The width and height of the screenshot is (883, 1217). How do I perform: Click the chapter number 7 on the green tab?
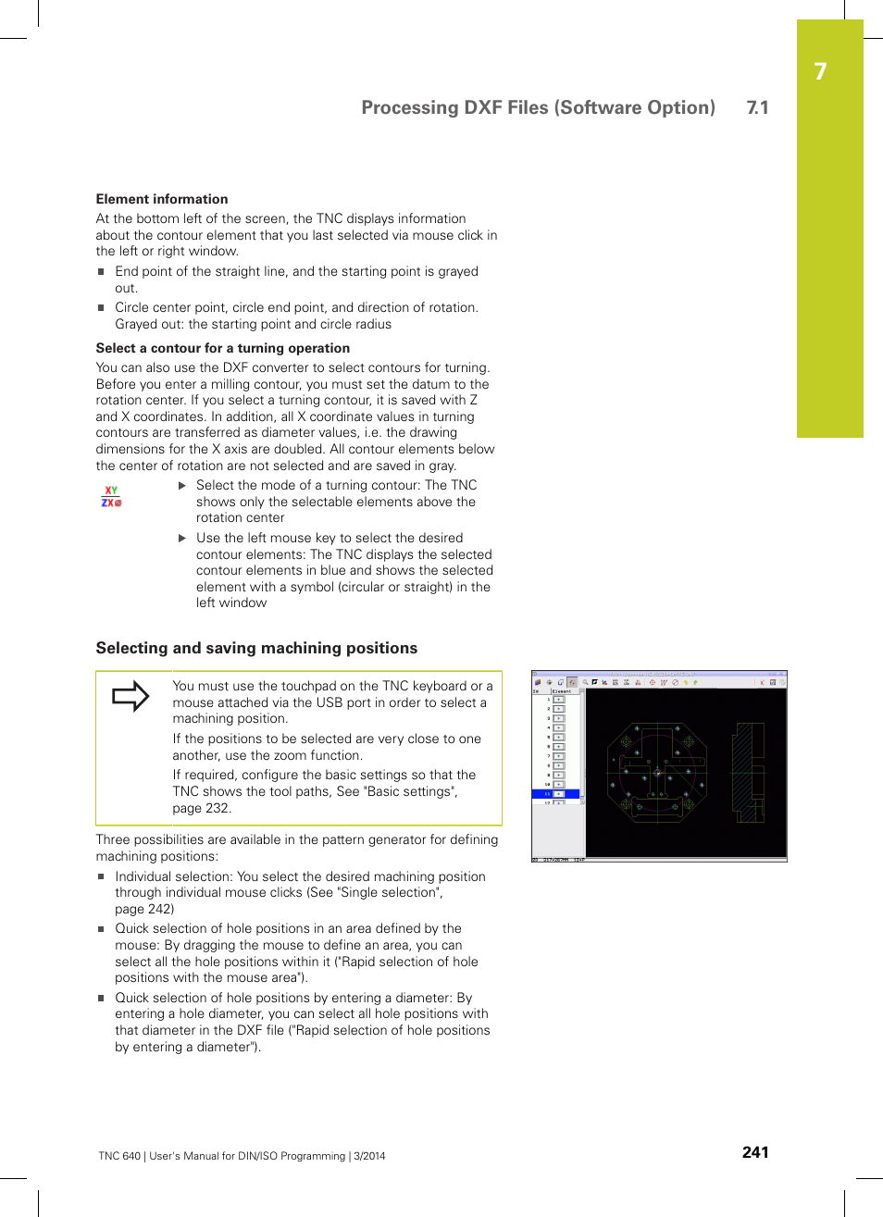pos(820,72)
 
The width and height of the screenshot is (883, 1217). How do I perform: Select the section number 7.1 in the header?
pos(757,107)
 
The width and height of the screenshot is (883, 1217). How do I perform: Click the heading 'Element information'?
pos(162,199)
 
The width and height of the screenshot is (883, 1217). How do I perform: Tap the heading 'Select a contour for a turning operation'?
pos(222,348)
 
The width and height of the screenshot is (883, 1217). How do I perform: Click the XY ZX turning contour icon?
pos(111,497)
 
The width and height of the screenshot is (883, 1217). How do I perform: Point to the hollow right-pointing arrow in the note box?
pos(131,696)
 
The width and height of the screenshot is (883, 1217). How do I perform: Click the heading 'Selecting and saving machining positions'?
pos(256,648)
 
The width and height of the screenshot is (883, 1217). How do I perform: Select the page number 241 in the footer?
pos(755,1152)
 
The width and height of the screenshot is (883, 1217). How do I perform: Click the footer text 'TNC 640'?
pos(119,1156)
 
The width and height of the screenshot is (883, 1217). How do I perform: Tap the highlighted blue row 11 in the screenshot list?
pos(555,794)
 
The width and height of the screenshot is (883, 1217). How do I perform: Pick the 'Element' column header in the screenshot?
pos(563,691)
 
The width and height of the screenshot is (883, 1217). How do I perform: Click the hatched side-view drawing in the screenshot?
pos(748,773)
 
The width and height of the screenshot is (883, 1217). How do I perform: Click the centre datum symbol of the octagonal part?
pos(657,772)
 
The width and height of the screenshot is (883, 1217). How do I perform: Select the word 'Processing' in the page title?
pos(408,107)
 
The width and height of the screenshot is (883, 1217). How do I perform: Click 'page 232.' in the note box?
pos(202,808)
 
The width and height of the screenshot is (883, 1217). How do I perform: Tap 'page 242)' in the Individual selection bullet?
pos(144,909)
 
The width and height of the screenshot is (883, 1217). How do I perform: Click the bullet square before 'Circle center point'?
pos(102,308)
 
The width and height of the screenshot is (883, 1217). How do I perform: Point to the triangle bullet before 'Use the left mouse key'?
pos(182,538)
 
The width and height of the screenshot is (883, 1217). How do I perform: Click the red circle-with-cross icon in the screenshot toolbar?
pos(652,682)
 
